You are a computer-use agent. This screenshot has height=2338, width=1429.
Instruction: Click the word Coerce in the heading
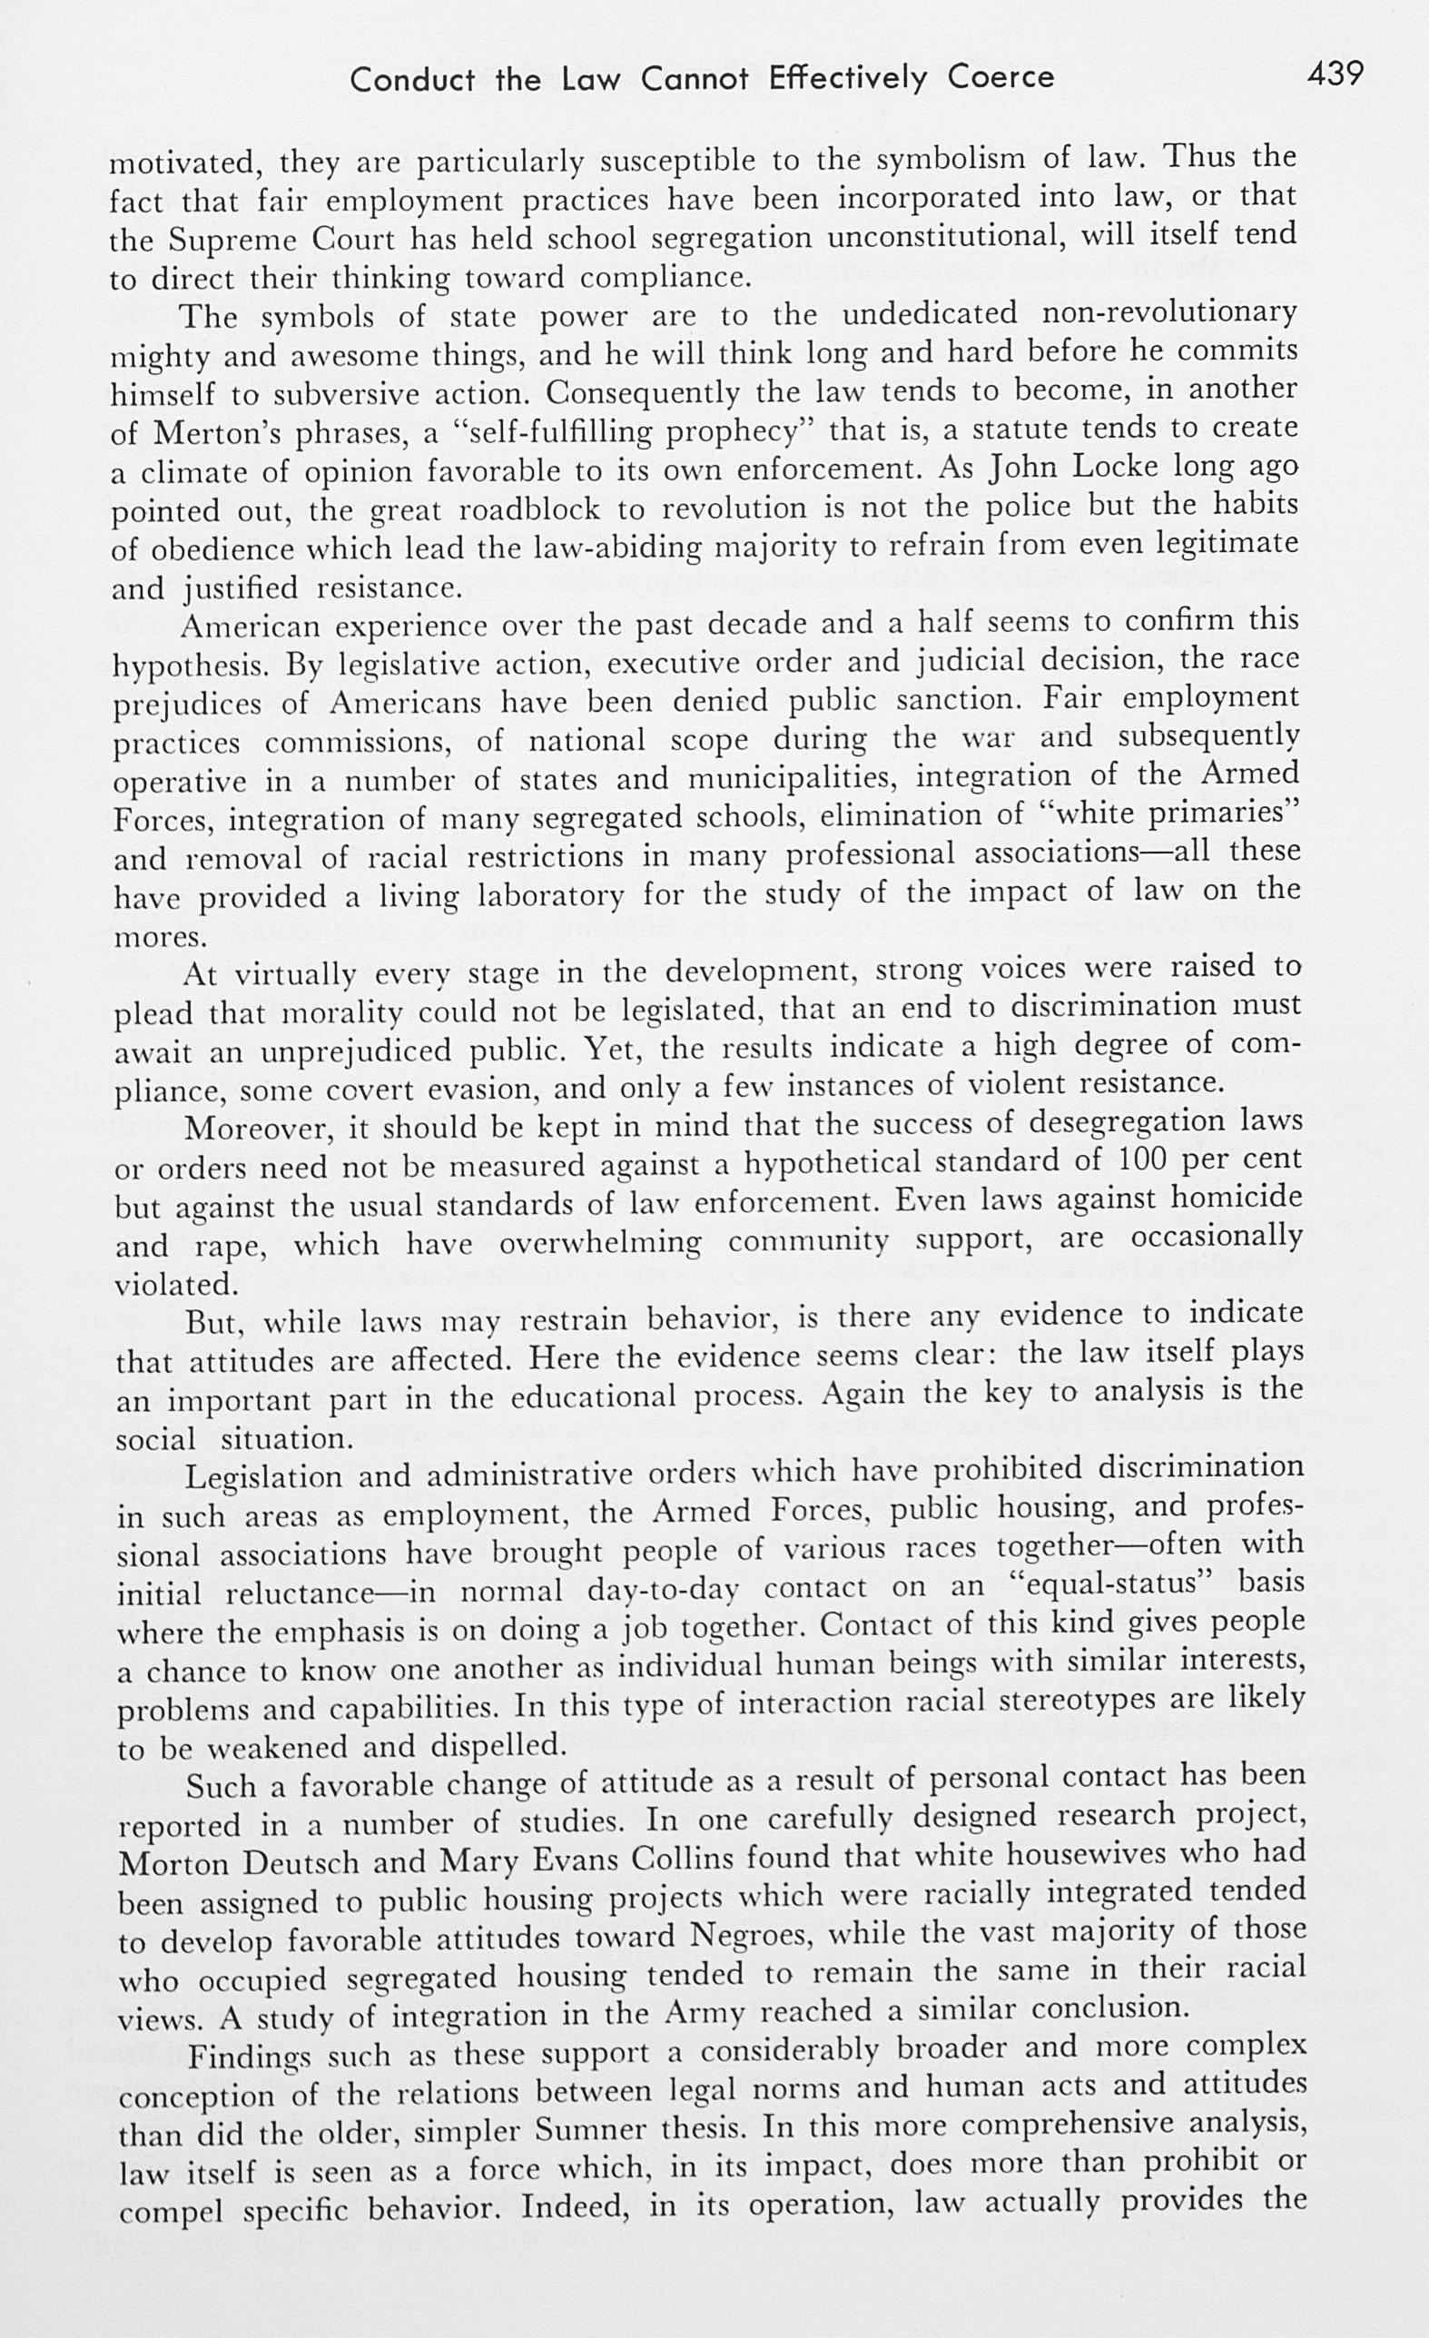click(1001, 77)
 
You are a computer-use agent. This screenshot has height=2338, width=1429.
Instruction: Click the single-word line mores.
click(160, 938)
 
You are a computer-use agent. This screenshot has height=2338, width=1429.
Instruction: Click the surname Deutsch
click(301, 1865)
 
